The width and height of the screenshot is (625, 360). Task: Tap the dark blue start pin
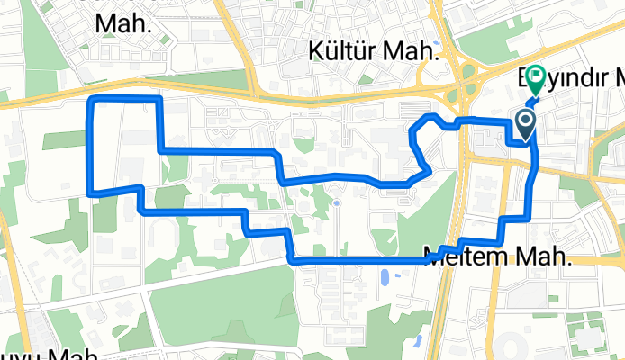point(525,123)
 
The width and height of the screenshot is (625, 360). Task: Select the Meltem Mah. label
point(497,256)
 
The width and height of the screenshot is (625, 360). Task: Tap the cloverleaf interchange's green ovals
point(467,88)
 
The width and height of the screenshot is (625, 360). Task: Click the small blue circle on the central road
point(336,203)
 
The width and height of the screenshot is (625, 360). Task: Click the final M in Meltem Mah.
point(528,256)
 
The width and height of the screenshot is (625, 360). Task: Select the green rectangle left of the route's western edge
point(63,139)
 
